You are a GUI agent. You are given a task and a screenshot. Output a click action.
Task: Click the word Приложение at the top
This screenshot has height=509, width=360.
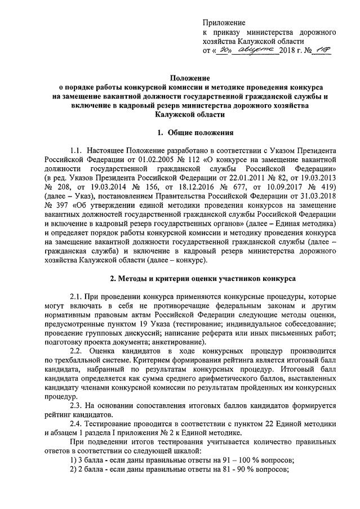(x=224, y=23)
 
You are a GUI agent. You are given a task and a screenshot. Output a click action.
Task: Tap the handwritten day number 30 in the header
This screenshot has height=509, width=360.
(x=224, y=51)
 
